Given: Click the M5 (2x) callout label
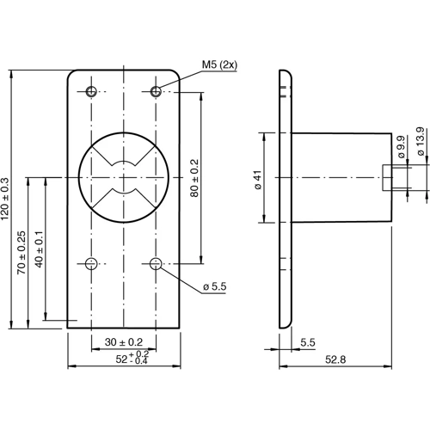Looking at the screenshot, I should (219, 64).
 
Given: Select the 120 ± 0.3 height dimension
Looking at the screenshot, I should (7, 199).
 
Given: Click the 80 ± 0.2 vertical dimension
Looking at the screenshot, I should (193, 176).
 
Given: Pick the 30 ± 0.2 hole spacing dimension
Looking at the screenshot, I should (124, 342).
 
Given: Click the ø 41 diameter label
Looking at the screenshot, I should (257, 179).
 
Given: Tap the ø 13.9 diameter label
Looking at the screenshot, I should (419, 142).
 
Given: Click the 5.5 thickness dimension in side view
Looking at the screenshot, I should (308, 342).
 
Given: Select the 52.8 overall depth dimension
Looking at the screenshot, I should (336, 359).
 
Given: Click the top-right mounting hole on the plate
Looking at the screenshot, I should (156, 91).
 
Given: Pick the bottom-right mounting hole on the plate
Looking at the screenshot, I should (156, 263).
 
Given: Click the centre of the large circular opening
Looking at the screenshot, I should (124, 177).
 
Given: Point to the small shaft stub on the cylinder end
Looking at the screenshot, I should (391, 177).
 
